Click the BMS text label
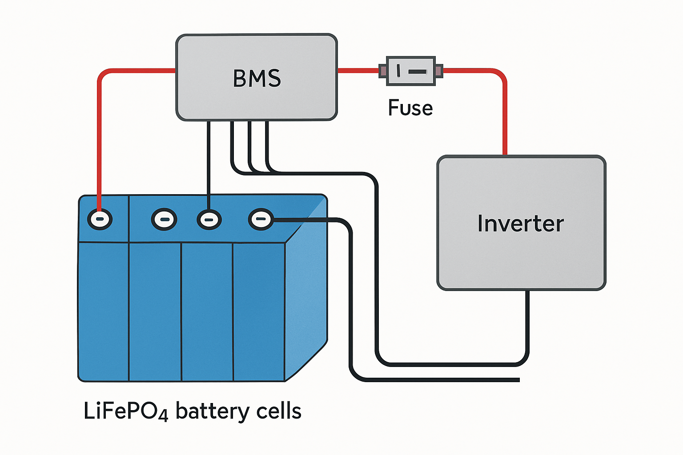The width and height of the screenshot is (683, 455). [x=257, y=78]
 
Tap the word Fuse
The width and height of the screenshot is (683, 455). [x=410, y=108]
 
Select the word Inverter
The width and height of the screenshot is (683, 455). [x=521, y=223]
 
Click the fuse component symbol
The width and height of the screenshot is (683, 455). [x=410, y=71]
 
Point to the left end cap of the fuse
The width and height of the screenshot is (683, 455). [x=383, y=71]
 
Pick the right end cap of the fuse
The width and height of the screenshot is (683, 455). [x=438, y=71]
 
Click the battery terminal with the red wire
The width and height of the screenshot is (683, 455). [x=100, y=219]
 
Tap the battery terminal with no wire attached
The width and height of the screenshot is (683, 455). [x=164, y=220]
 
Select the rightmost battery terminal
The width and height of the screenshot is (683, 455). [x=261, y=219]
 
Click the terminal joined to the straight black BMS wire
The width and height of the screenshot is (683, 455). [x=209, y=220]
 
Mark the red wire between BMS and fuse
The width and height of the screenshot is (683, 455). [x=358, y=71]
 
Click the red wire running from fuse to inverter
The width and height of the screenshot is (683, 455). [x=505, y=111]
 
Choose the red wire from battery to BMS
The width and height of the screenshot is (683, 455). [x=99, y=133]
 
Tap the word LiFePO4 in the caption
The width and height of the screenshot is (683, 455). [x=125, y=411]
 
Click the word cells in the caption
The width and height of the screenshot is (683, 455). [x=279, y=411]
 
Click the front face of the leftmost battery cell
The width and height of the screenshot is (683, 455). [x=104, y=311]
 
